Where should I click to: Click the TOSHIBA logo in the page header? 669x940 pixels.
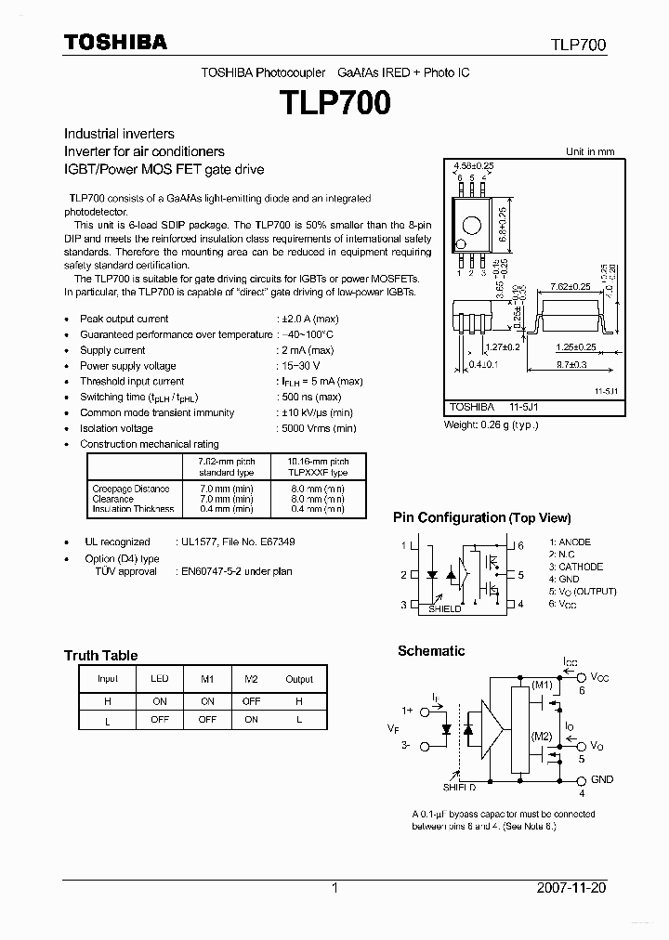point(115,42)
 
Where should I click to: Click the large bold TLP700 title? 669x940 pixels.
point(335,101)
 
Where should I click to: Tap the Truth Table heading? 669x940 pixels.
point(100,655)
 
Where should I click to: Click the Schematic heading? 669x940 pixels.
point(431,651)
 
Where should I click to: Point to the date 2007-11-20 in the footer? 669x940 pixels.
point(571,888)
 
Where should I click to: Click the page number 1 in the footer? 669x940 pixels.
point(334,888)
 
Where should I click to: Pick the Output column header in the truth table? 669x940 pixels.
point(299,679)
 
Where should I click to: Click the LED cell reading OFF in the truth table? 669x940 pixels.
point(159,719)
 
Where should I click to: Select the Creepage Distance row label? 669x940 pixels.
point(131,489)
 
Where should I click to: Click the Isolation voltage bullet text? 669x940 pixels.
point(116,428)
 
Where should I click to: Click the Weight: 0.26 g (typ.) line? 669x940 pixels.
point(491,424)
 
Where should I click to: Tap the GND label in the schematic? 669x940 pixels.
point(601,779)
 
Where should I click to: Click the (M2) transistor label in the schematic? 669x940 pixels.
point(542,736)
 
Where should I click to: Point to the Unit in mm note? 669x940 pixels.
point(590,151)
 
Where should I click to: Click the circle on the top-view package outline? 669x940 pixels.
point(472,226)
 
